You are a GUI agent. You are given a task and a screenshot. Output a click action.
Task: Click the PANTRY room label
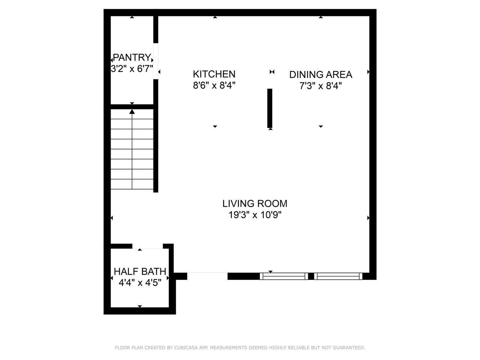[x=132, y=57]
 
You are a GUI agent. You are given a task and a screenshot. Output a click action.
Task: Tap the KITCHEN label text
[x=214, y=74]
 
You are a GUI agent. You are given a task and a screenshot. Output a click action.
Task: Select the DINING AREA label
[x=321, y=75]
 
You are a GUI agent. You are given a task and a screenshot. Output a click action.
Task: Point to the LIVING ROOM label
[x=255, y=204]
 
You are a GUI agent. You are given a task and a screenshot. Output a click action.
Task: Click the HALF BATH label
[x=140, y=271]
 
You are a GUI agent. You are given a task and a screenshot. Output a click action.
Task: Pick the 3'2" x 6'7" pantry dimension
[x=132, y=69]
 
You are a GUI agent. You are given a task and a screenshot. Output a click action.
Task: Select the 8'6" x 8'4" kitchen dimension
[x=214, y=85]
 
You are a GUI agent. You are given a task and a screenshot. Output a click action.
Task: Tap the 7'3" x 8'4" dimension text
[x=321, y=85]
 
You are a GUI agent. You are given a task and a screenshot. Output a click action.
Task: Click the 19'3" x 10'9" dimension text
[x=255, y=215]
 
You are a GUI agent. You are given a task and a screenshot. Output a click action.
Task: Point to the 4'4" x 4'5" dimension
[x=140, y=283]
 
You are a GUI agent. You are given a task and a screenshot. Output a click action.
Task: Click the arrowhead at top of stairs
[x=132, y=111]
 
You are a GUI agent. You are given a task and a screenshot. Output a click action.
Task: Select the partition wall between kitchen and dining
[x=270, y=108]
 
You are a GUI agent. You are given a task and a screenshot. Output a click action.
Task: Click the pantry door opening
[x=156, y=61]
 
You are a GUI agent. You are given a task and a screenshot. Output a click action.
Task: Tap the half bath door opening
[x=148, y=246]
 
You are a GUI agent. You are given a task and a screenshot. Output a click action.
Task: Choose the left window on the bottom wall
[x=284, y=276]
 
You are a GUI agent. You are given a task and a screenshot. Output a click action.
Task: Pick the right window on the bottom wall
[x=338, y=276]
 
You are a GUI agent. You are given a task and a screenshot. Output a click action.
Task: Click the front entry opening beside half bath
[x=207, y=276]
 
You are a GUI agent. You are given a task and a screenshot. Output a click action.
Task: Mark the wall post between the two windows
[x=311, y=276]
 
